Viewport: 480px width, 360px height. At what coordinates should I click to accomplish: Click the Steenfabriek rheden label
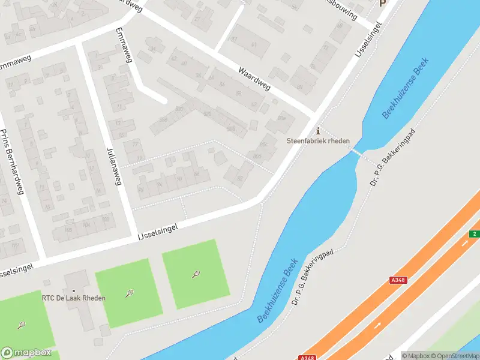click(x=317, y=142)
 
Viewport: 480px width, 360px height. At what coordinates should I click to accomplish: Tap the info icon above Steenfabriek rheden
click(x=318, y=131)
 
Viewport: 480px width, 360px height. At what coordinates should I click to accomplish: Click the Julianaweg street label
click(x=113, y=166)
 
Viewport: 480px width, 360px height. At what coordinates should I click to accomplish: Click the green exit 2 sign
click(x=474, y=233)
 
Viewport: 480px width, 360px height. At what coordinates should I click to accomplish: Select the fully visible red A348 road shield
click(x=397, y=280)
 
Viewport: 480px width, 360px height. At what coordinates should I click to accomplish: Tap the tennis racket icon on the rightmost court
click(x=196, y=274)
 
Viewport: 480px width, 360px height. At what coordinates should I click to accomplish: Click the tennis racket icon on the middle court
click(x=129, y=293)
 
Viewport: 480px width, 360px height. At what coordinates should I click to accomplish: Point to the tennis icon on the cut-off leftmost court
click(x=22, y=325)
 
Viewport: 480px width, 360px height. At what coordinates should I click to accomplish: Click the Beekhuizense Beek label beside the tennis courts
click(x=277, y=294)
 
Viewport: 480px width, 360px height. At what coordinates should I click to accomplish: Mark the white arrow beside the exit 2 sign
click(x=465, y=244)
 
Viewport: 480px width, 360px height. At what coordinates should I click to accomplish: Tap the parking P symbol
click(x=382, y=3)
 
